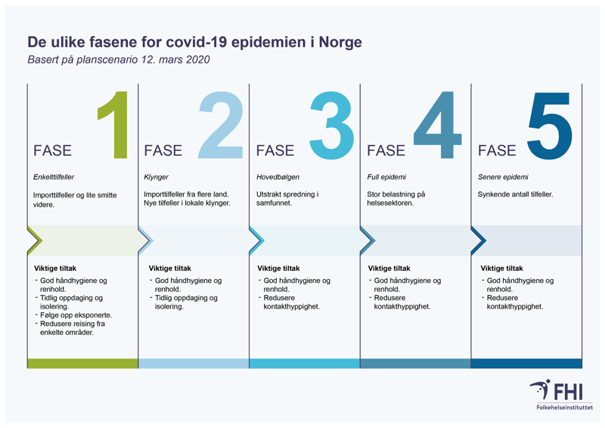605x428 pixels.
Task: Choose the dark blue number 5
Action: pyautogui.click(x=549, y=126)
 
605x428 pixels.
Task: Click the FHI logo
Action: pyautogui.click(x=560, y=394)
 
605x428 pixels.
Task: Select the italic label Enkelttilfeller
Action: pyautogui.click(x=54, y=178)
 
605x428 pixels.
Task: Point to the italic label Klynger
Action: pyautogui.click(x=156, y=178)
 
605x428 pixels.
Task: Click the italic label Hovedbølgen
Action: pyautogui.click(x=278, y=178)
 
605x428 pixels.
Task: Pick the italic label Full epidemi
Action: pyautogui.click(x=385, y=178)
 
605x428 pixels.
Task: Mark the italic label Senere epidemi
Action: pyautogui.click(x=503, y=178)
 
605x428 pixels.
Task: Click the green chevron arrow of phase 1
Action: pyautogui.click(x=35, y=240)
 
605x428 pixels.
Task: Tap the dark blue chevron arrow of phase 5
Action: pyautogui.click(x=478, y=240)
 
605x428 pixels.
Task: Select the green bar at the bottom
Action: pyautogui.click(x=82, y=364)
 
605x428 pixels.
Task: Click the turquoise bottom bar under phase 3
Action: pyautogui.click(x=304, y=364)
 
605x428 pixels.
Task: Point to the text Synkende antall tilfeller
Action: pyautogui.click(x=515, y=195)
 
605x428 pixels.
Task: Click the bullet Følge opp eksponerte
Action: pyautogui.click(x=73, y=315)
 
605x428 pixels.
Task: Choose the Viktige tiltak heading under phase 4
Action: pyautogui.click(x=389, y=268)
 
